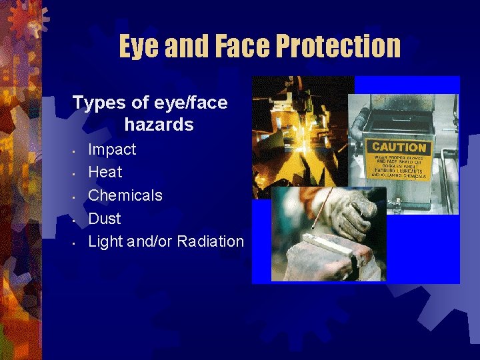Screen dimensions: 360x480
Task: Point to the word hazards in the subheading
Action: pyautogui.click(x=159, y=125)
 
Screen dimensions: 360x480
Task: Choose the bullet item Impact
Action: pyautogui.click(x=112, y=149)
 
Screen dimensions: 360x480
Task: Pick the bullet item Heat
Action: pyautogui.click(x=105, y=172)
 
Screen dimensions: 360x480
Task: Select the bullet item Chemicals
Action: pyautogui.click(x=125, y=195)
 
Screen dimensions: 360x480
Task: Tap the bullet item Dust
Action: pyautogui.click(x=105, y=218)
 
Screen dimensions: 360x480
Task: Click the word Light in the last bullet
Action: pyautogui.click(x=104, y=241)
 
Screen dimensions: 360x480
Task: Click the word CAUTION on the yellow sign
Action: pyautogui.click(x=399, y=147)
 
